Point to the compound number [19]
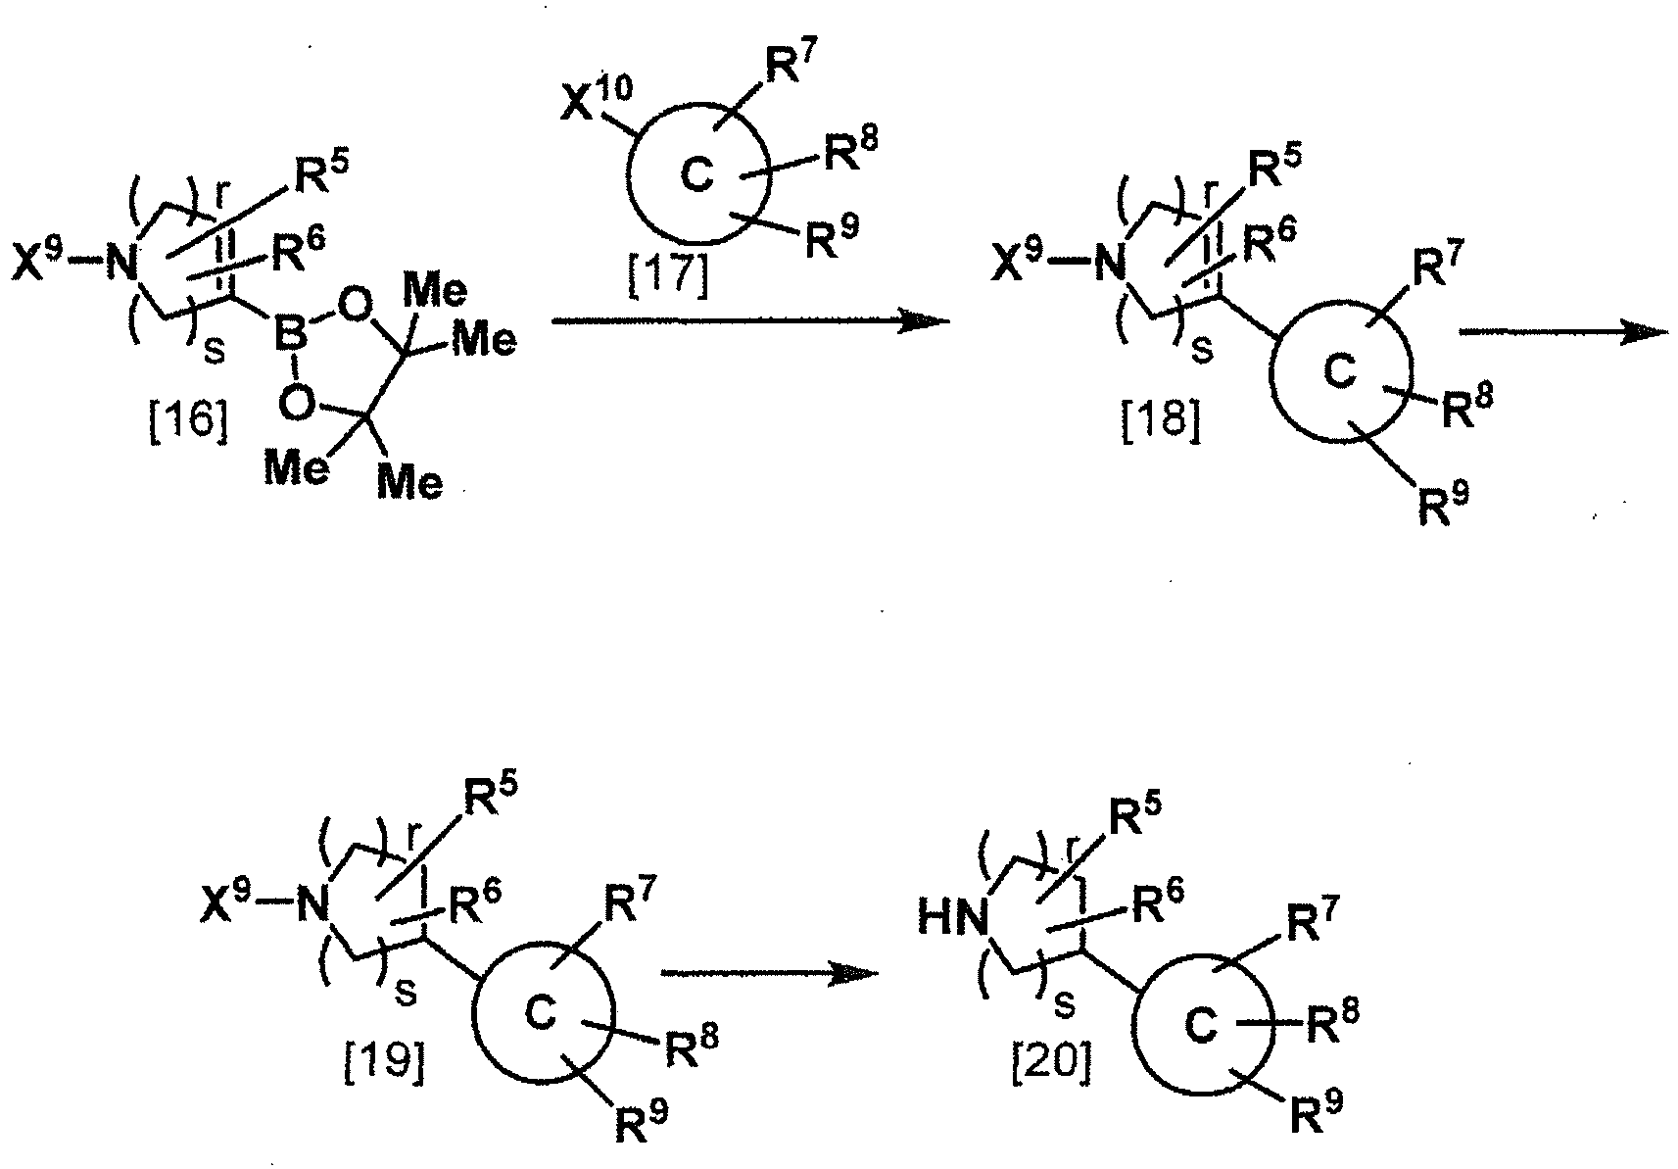pos(385,1061)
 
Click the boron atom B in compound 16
pos(290,335)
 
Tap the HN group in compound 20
pos(952,919)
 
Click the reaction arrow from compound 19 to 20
pos(769,973)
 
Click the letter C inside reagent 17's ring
pos(697,176)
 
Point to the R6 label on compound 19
pos(474,901)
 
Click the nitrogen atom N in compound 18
pos(1111,264)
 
